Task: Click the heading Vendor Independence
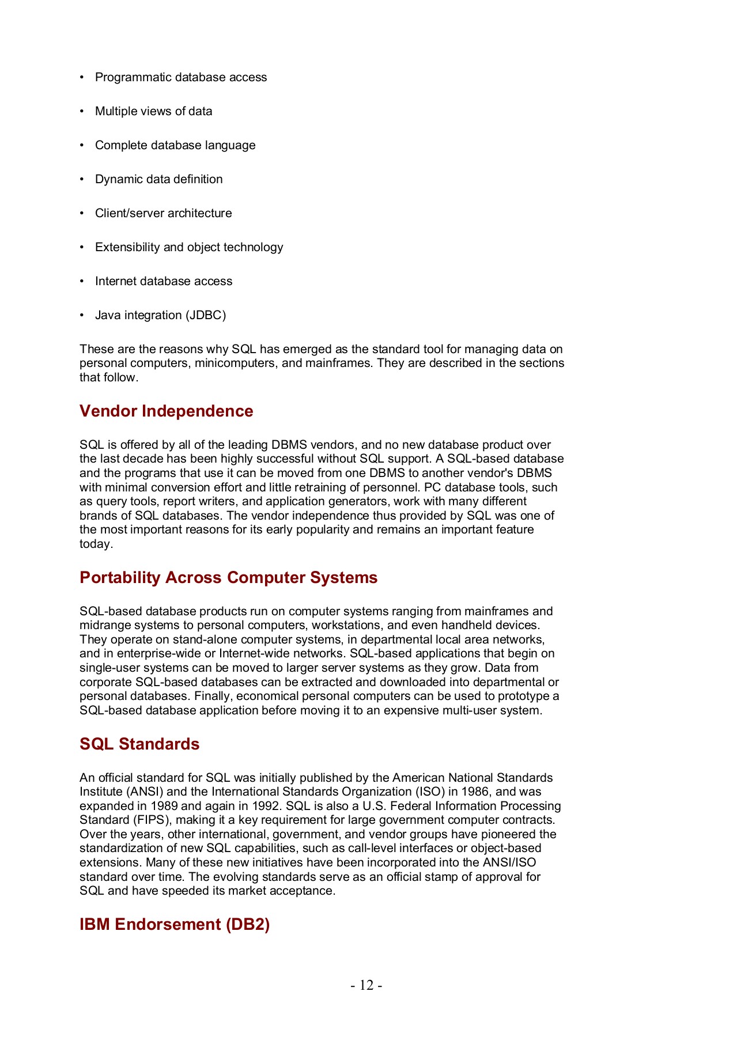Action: click(x=166, y=411)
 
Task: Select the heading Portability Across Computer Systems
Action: click(x=228, y=577)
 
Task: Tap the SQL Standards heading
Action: click(x=139, y=744)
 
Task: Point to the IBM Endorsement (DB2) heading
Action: click(x=175, y=924)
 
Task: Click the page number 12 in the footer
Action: click(x=366, y=985)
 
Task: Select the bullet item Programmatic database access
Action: click(x=181, y=77)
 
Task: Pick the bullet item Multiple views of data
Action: click(x=153, y=111)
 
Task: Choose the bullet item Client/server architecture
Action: click(x=163, y=213)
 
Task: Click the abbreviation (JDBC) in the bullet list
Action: click(x=206, y=315)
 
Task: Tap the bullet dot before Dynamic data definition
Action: click(x=82, y=179)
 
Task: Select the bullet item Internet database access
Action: click(x=164, y=281)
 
